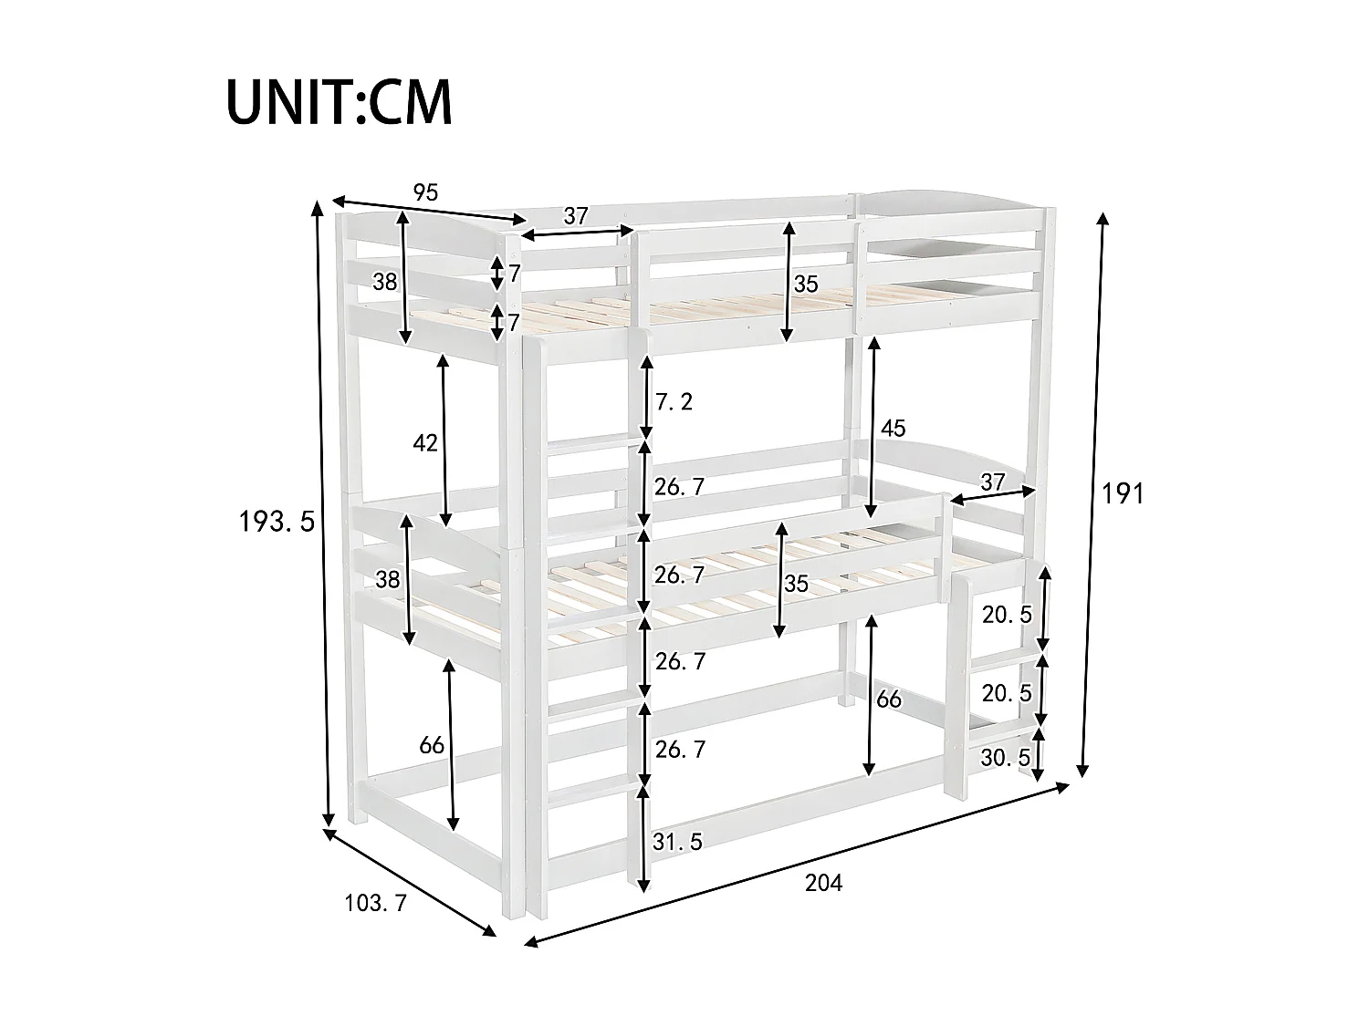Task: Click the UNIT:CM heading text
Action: pyautogui.click(x=339, y=103)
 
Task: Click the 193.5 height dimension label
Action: pyautogui.click(x=277, y=523)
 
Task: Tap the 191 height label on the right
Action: pyautogui.click(x=1123, y=494)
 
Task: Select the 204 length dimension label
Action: pyautogui.click(x=824, y=883)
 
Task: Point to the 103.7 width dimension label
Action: pyautogui.click(x=375, y=904)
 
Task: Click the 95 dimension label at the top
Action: pyautogui.click(x=426, y=192)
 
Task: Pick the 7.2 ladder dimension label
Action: pyautogui.click(x=674, y=400)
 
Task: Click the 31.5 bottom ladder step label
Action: pyautogui.click(x=677, y=843)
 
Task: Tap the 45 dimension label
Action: pyautogui.click(x=893, y=429)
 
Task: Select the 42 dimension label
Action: pyautogui.click(x=425, y=443)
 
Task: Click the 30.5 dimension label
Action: pyautogui.click(x=1006, y=757)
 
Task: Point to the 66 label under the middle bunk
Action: pyautogui.click(x=888, y=700)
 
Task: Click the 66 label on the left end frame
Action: pyautogui.click(x=432, y=745)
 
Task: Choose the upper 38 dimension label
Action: pyautogui.click(x=385, y=282)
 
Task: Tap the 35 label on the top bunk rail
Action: pyautogui.click(x=806, y=284)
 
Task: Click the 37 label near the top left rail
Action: pyautogui.click(x=575, y=216)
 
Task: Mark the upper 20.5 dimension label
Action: pyautogui.click(x=1007, y=615)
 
